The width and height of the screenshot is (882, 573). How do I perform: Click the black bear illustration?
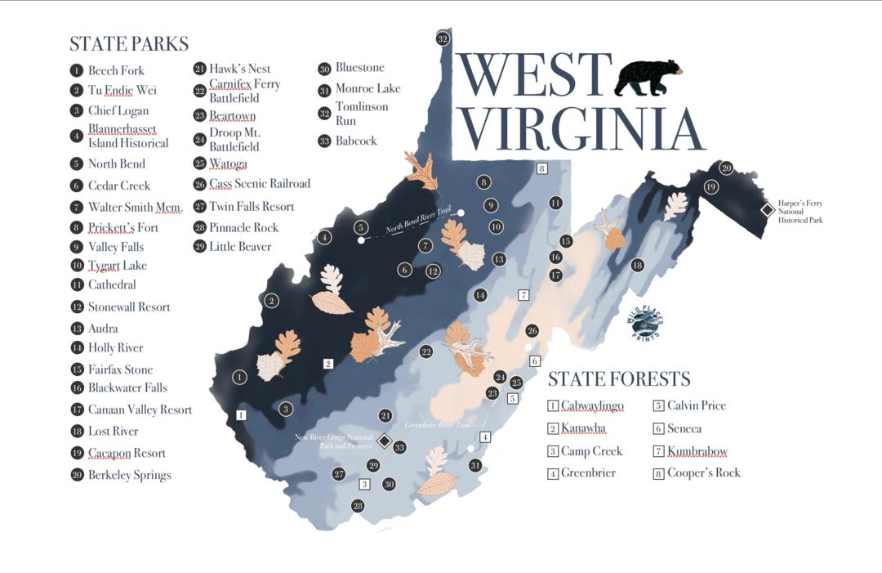pos(648,77)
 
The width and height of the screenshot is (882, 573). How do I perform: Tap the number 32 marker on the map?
pos(443,38)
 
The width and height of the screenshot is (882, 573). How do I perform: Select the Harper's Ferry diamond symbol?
pos(768,210)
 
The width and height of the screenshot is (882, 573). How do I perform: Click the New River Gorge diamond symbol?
pos(385,441)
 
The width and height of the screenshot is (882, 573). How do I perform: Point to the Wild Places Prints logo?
pos(645,325)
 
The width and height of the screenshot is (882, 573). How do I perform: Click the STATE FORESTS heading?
pos(618,378)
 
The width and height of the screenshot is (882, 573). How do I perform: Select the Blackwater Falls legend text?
pos(127,388)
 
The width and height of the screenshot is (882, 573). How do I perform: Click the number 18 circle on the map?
pos(637,265)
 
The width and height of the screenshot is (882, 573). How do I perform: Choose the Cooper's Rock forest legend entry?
pos(703,472)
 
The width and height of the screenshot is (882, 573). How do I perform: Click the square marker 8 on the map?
pos(541,168)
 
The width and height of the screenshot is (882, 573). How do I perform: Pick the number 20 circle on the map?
pos(726,168)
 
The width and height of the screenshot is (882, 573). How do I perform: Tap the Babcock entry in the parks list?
pos(356,141)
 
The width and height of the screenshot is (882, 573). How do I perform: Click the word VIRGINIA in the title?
pos(583,128)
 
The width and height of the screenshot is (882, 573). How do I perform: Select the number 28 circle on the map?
pos(357,506)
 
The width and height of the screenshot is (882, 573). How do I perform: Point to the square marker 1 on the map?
pos(241,414)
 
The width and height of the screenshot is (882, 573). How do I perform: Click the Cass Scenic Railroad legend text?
pos(260,184)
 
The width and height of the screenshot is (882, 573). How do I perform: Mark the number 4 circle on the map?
pos(325,238)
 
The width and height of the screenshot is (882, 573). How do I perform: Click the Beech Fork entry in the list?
pos(116,70)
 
